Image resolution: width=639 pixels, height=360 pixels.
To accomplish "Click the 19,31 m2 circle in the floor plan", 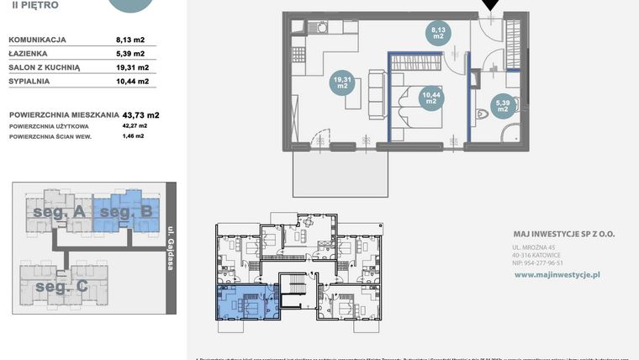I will pos(342,82).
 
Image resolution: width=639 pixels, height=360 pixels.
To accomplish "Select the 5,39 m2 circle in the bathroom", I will pos(502,104).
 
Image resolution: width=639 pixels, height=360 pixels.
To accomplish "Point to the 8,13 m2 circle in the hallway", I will pos(438,33).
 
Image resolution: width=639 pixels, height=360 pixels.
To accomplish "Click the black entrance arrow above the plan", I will pos(490,7).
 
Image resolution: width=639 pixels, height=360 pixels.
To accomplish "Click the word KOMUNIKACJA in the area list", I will pos(38,40).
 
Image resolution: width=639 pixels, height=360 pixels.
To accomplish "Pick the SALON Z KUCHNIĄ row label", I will pos(44,67).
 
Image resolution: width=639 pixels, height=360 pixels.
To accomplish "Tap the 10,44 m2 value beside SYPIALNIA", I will pos(132,82).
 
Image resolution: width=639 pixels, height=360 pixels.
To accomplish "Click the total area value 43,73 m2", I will pos(140,114).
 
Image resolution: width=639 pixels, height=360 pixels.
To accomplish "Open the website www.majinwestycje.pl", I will pos(556,274).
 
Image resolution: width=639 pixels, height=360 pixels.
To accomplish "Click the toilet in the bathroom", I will pos(483,114).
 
